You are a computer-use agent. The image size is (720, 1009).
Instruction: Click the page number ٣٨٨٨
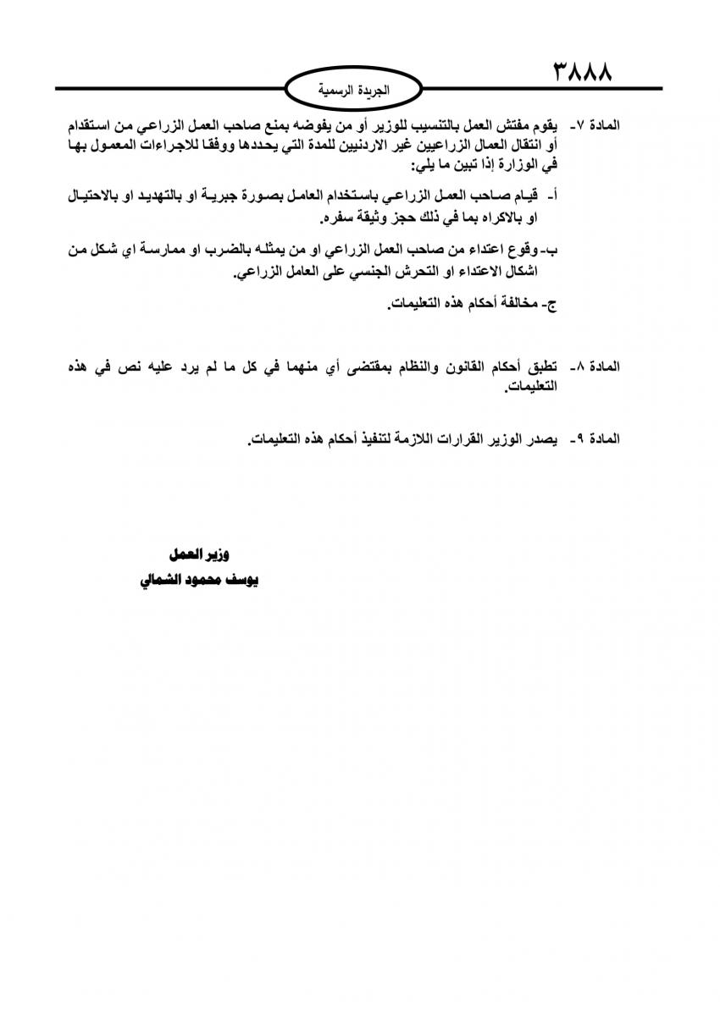pyautogui.click(x=584, y=69)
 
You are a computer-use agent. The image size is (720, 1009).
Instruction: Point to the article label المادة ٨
pyautogui.click(x=595, y=367)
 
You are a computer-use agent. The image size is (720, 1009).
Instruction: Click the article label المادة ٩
pyautogui.click(x=595, y=439)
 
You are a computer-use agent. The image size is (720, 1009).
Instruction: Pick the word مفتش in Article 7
pyautogui.click(x=506, y=125)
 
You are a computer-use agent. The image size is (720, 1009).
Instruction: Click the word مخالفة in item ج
pyautogui.click(x=516, y=306)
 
